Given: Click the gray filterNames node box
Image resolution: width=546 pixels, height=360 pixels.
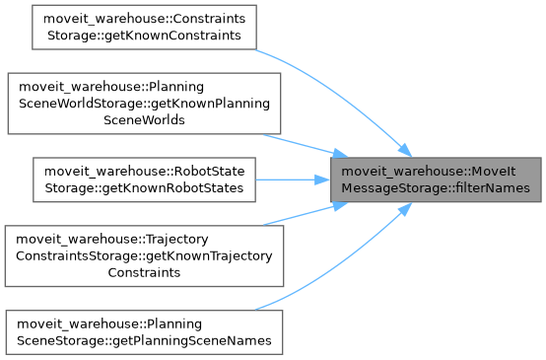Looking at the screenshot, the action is pos(436,180).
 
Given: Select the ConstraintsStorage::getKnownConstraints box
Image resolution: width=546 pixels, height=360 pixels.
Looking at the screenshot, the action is pos(144,28).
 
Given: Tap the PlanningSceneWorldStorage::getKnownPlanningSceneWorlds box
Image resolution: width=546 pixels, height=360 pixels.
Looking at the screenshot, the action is pos(144,104).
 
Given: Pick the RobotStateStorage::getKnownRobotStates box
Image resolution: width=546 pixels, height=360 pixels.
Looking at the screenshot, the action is pos(144,180).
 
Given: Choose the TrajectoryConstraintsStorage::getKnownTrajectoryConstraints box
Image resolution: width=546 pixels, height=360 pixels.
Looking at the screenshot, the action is pos(144,255).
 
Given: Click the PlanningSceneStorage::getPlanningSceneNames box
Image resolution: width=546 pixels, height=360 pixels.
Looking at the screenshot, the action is pos(144,332).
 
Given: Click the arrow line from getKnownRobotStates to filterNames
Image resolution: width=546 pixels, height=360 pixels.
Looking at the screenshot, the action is pos(293,180).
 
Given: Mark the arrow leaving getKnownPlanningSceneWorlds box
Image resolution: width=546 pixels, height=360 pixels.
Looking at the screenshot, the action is pos(306,146).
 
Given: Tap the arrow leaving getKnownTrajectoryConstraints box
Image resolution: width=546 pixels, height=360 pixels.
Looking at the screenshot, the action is pos(306,214).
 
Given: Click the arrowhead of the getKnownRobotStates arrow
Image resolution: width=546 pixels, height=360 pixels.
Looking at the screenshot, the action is pos(322,180).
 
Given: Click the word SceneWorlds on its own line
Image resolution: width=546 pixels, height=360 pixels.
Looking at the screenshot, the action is pos(144,120).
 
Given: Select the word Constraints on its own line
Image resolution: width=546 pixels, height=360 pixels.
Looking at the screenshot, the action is pos(144,272).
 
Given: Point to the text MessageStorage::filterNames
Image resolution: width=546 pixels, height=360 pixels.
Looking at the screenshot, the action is pos(436,187).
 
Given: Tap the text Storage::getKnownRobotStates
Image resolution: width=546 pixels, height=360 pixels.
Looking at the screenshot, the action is pos(144,187).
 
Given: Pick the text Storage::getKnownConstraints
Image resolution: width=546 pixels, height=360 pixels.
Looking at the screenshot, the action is pos(144,36).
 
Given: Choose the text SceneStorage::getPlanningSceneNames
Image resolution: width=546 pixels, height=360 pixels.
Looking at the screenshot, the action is pos(144,340).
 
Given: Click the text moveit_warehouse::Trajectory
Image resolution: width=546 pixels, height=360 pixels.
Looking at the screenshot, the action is pos(112,239).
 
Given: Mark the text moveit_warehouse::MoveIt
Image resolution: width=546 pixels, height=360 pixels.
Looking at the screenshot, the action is pos(429,171).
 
